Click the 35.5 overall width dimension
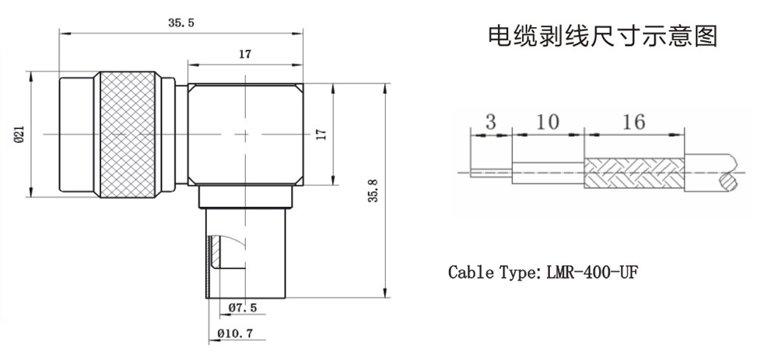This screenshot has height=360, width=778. (180, 24)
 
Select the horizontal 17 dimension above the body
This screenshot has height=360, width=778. (244, 54)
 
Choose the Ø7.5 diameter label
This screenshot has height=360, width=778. (243, 309)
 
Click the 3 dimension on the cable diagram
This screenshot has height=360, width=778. (490, 122)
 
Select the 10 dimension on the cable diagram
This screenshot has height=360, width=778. (547, 122)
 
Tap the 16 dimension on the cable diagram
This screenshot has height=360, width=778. (634, 122)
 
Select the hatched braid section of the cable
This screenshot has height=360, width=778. (634, 173)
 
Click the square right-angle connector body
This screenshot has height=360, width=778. (245, 134)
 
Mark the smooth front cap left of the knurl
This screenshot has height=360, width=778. (75, 134)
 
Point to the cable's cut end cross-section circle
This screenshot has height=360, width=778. (730, 183)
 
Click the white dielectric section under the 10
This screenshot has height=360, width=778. (547, 173)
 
